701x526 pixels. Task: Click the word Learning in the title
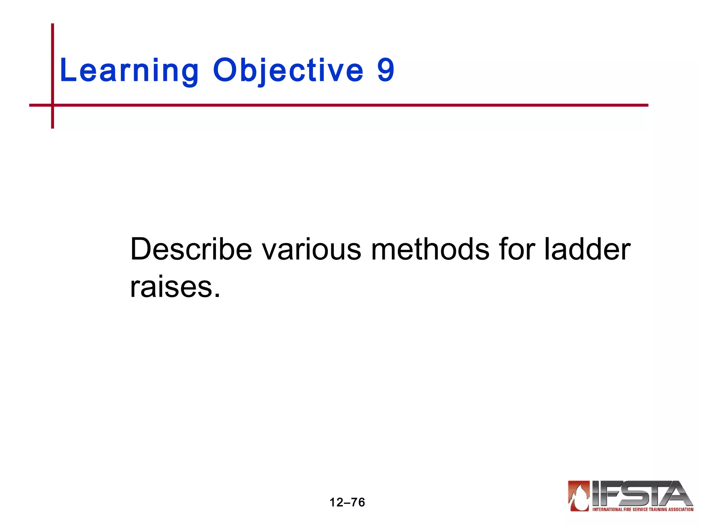tap(129, 71)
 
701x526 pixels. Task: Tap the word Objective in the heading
tap(288, 71)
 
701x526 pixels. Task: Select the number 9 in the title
tap(386, 70)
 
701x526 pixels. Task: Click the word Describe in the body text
tap(191, 249)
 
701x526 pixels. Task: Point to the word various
tap(311, 249)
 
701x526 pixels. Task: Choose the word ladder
tap(587, 249)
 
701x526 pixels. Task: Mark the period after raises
tap(217, 295)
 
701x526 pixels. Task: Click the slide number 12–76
tap(347, 502)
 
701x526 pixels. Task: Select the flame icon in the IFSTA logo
tap(579, 495)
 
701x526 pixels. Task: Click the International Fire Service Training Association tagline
tap(642, 509)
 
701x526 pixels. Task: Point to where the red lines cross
tap(53, 105)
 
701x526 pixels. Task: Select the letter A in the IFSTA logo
tap(676, 493)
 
